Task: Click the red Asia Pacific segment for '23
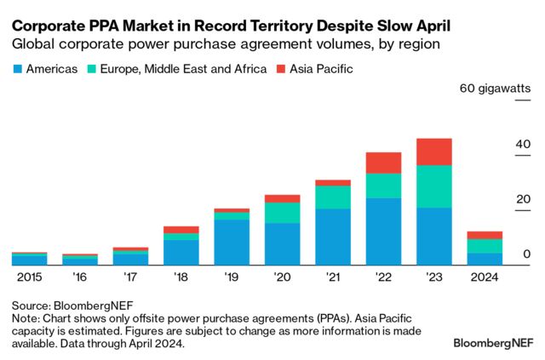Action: (x=433, y=151)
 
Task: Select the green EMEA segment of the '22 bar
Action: (x=383, y=186)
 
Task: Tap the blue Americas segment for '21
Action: (x=333, y=237)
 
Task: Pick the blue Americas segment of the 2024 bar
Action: (x=484, y=259)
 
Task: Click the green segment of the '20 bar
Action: (x=282, y=213)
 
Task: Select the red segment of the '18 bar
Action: (x=181, y=230)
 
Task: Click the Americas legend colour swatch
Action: (x=18, y=68)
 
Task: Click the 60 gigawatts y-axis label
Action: (x=495, y=89)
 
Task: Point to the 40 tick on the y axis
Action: (x=522, y=145)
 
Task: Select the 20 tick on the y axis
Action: (x=522, y=200)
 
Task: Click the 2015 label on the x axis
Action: (x=29, y=277)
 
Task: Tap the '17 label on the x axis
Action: (x=130, y=277)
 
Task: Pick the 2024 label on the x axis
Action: (x=484, y=277)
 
